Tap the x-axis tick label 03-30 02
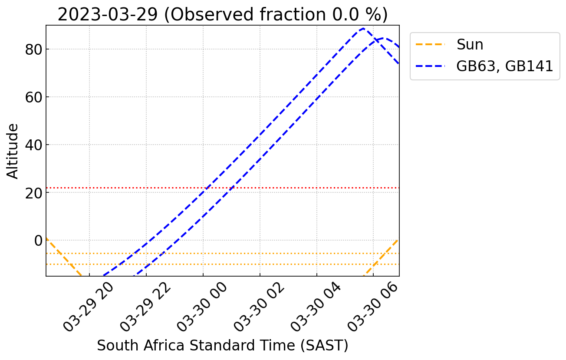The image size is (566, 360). [x=260, y=306]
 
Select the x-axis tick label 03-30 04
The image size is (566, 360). [x=316, y=306]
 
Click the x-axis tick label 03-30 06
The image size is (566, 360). [x=373, y=306]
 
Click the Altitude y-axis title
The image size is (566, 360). [x=13, y=151]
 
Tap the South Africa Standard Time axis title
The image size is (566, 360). [x=222, y=346]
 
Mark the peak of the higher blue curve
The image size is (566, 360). [x=363, y=29]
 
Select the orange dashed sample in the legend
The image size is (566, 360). [x=431, y=44]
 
